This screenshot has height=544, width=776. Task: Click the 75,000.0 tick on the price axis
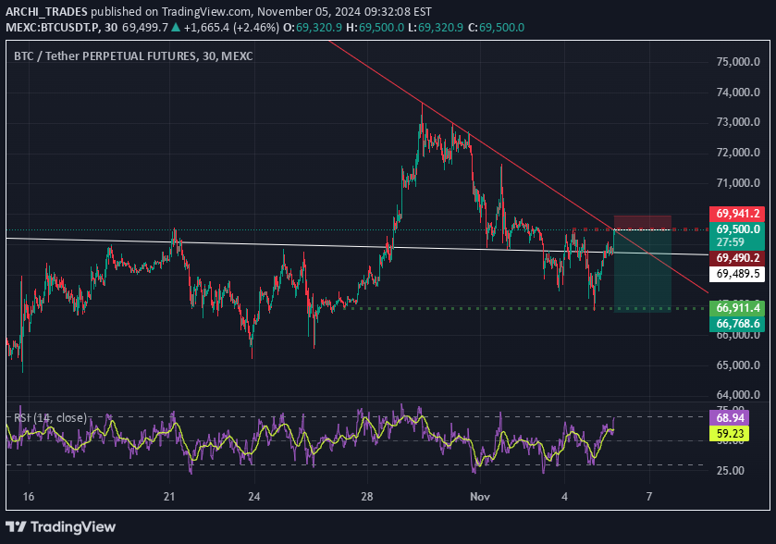coord(738,63)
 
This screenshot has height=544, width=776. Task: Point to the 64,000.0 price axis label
coord(738,395)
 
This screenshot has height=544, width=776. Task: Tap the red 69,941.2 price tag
coord(737,213)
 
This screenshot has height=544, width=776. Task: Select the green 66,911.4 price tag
coord(737,307)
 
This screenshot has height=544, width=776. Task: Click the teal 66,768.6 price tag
coord(737,323)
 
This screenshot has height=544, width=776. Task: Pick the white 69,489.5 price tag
coord(737,275)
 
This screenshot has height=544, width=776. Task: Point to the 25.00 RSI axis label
coord(731,470)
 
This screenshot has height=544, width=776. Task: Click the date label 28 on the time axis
coord(367,497)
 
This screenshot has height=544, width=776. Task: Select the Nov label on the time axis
coord(478,497)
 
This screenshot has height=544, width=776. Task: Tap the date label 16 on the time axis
coord(28,497)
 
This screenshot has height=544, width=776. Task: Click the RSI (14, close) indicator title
coord(50,418)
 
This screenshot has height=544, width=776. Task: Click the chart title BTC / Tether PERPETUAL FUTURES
coord(105,56)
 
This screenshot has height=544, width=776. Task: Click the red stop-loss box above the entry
coord(642,221)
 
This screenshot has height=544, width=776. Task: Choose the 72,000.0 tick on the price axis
coord(738,153)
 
